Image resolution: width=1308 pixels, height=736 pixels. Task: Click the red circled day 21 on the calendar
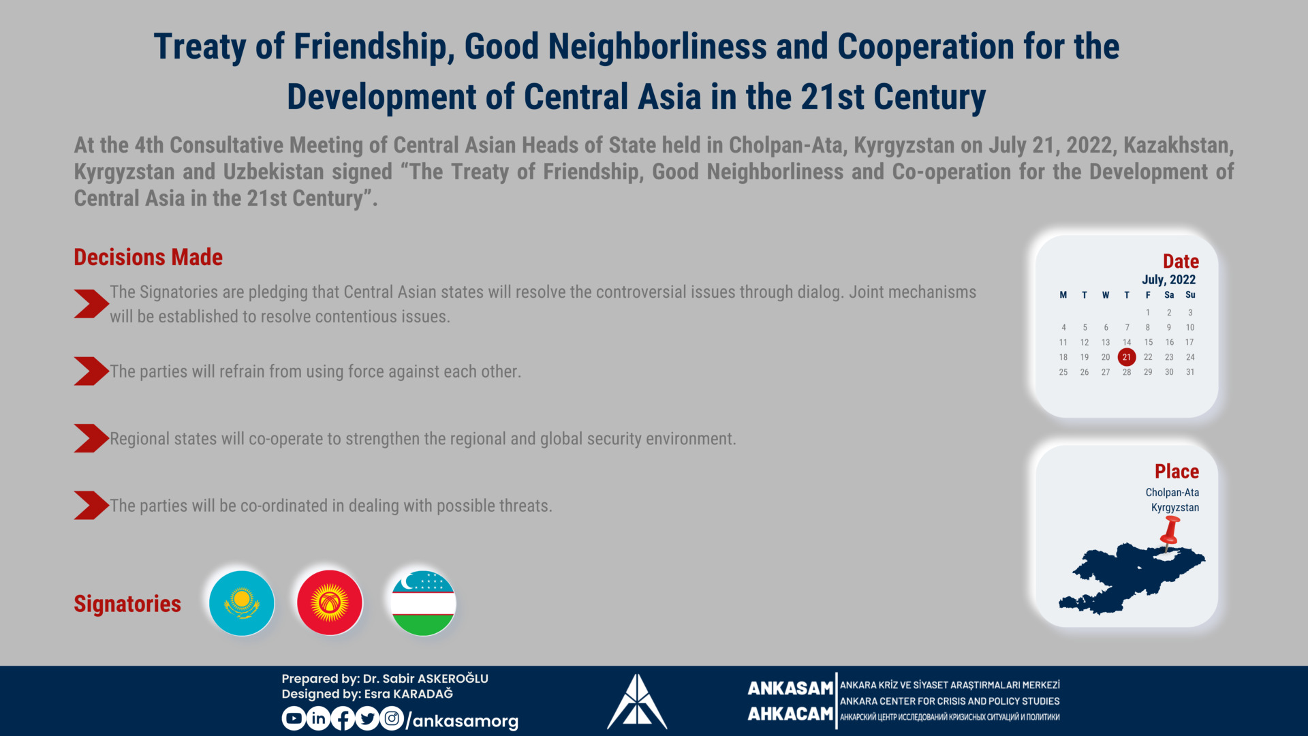pos(1127,357)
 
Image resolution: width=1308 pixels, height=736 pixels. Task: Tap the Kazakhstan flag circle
pos(242,603)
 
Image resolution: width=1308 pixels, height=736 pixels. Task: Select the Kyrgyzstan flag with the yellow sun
pos(330,603)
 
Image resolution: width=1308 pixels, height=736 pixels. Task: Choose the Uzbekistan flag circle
pos(423,603)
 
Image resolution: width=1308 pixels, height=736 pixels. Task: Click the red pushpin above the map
pos(1170,532)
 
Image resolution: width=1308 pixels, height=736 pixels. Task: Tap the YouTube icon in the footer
pos(294,718)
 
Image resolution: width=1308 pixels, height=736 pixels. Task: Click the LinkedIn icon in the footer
pos(318,718)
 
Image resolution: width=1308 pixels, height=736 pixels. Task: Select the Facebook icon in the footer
pos(343,718)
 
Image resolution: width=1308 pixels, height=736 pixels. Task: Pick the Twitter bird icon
pos(367,718)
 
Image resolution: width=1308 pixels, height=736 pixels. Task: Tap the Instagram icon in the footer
pos(392,718)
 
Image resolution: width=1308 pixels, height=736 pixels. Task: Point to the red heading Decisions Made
pos(149,258)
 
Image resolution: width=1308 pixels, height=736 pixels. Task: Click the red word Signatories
pos(127,604)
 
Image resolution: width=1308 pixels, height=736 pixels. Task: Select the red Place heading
pos(1177,472)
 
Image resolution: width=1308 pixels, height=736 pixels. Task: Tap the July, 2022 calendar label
pos(1169,279)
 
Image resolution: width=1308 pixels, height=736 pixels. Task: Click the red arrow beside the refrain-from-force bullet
pos(91,371)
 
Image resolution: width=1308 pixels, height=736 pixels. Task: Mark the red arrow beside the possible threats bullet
pos(91,506)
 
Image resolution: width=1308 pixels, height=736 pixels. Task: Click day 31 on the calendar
pos(1190,372)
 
